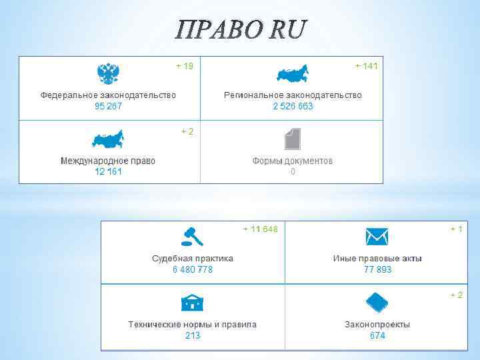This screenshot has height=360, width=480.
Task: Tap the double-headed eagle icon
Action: pos(107,74)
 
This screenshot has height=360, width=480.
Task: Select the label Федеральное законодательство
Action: pos(109,95)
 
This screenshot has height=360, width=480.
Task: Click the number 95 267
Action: pos(108,107)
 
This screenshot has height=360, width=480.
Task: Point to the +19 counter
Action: pos(185,66)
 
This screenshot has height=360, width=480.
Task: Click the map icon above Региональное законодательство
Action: pos(293,75)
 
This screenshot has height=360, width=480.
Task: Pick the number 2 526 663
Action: pos(293,107)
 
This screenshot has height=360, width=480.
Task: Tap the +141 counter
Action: pos(366,66)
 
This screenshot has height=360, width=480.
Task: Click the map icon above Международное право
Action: pos(108,140)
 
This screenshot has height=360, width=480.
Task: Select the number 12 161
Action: pos(108,172)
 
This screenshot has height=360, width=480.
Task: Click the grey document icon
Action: pos(292,139)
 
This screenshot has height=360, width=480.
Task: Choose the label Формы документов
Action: pos(293,161)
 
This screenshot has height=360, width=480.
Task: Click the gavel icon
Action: pos(192,236)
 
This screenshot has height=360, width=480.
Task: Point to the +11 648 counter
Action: pos(260,229)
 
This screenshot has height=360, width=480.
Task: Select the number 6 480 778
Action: pos(193,269)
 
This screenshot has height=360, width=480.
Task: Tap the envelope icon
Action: pos(377,236)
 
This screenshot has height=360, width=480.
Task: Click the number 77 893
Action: pos(377,269)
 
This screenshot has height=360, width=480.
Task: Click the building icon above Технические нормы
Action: pos(193,303)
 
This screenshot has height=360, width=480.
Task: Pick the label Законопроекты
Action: pos(377,325)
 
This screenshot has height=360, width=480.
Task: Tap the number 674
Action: pos(377,336)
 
